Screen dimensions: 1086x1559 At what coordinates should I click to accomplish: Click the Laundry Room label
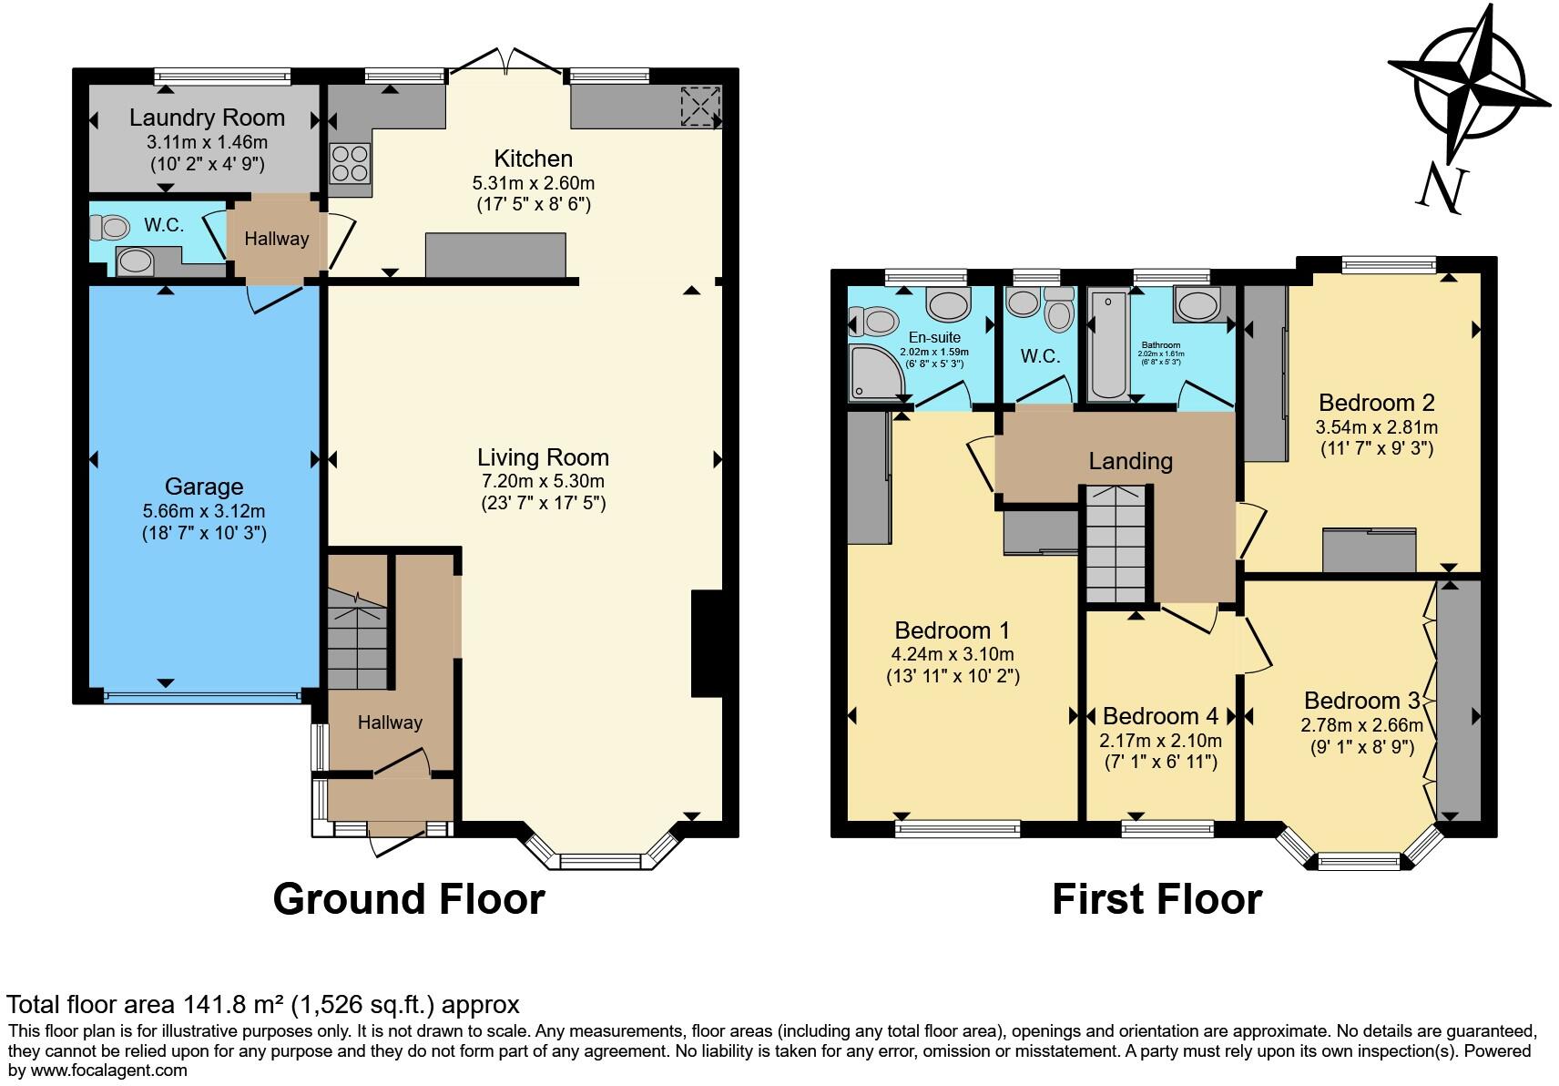(207, 118)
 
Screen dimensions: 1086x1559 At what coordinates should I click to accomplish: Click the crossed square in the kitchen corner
(700, 106)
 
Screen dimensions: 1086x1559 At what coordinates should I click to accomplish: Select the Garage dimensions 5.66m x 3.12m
(204, 511)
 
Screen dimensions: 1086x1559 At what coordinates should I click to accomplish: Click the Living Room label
(543, 457)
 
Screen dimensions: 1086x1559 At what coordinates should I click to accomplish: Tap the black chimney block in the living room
(708, 643)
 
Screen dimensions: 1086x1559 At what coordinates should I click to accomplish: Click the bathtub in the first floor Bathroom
(1108, 344)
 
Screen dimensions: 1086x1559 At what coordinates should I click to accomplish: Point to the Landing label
(1130, 461)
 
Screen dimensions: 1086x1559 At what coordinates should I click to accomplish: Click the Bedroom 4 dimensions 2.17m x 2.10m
(1160, 741)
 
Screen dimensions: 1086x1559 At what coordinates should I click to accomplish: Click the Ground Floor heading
(409, 899)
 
